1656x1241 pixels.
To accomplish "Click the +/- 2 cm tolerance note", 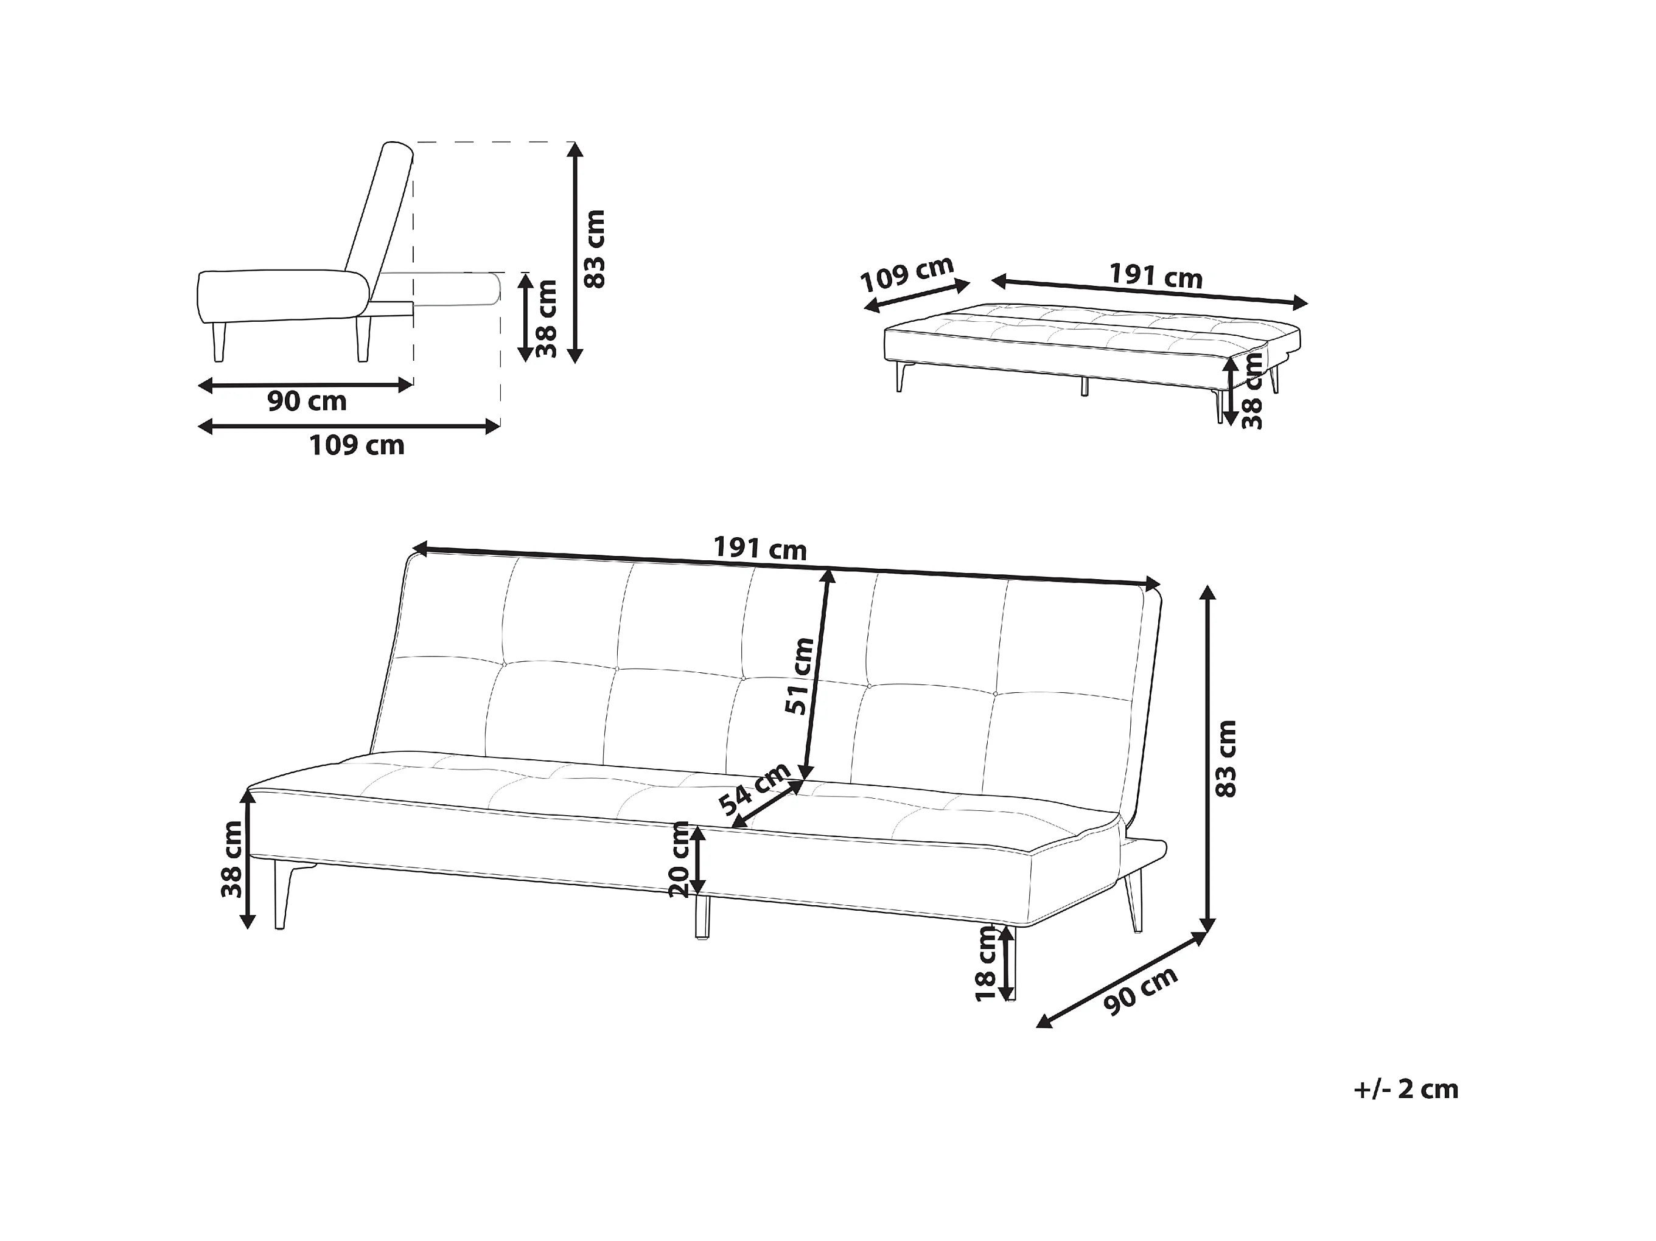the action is tap(1406, 1090).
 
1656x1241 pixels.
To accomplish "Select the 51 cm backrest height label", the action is tap(800, 676).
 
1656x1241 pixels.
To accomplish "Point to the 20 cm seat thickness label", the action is tap(680, 858).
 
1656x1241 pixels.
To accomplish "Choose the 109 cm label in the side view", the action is tap(357, 446).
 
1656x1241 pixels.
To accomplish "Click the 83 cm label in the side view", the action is tap(595, 249).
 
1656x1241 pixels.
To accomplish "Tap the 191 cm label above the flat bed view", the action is tap(1155, 276).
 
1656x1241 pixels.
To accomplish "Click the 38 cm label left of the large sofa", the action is tap(232, 859).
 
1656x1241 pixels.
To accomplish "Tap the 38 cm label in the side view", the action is tap(547, 318).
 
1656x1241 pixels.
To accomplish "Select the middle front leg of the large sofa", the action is tap(702, 916).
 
